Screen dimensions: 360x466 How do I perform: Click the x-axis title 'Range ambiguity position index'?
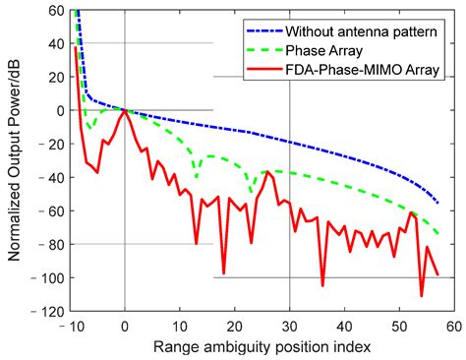coord(261,347)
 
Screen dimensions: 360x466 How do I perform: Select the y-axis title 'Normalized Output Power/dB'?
coord(17,162)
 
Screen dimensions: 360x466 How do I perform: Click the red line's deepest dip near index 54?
coord(422,295)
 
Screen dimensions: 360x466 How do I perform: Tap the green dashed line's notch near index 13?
coord(197,178)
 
